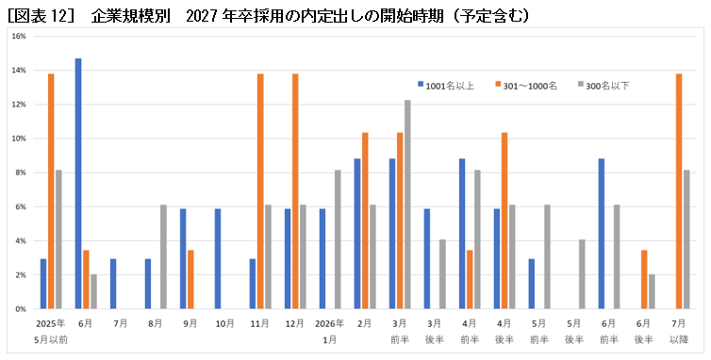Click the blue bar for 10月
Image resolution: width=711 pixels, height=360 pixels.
coord(218,258)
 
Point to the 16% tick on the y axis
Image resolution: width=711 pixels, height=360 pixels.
coord(19,36)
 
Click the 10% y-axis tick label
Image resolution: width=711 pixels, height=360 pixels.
coord(19,139)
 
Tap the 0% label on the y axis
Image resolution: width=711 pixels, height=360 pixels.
coord(21,309)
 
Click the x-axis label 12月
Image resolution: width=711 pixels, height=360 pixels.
coord(295,323)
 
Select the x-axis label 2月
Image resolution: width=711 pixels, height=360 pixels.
coord(365,323)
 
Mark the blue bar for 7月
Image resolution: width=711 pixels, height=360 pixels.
coord(113,284)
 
